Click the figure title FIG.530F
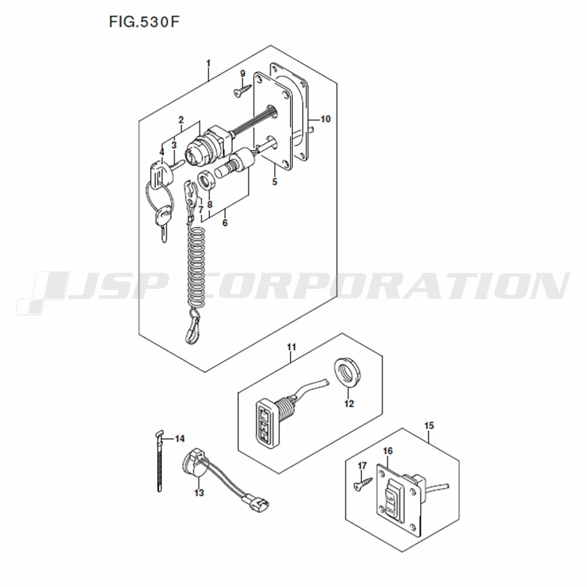pos(144,22)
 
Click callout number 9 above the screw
pos(242,74)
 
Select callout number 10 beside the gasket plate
pos(326,119)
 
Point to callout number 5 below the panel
pos(275,183)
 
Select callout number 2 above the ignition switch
pos(181,120)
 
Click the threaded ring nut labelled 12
pos(348,375)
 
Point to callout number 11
pos(291,348)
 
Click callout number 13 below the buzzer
pos(199,493)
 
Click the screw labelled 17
pos(363,483)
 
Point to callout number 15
pos(429,426)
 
